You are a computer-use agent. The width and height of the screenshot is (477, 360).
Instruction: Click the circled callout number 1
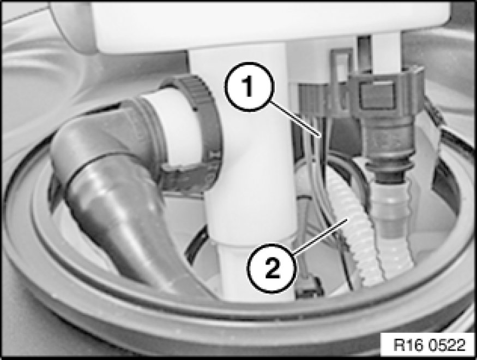coord(249,86)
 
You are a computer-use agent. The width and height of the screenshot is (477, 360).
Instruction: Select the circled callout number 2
coord(271,268)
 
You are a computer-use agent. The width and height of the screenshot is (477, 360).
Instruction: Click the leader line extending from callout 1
coord(295,119)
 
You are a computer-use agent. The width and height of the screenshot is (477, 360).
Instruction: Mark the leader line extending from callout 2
coord(321,235)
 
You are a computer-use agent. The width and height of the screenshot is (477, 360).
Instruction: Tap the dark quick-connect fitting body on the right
coord(387,122)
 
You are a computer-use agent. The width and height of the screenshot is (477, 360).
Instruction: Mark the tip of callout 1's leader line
coord(320,136)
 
